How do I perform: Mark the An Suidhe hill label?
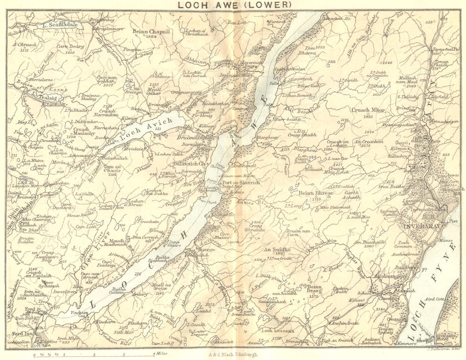(x=278, y=250)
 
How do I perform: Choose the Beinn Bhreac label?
(x=315, y=193)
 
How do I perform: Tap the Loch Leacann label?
(x=278, y=331)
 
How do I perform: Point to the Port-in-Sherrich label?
(x=241, y=183)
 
